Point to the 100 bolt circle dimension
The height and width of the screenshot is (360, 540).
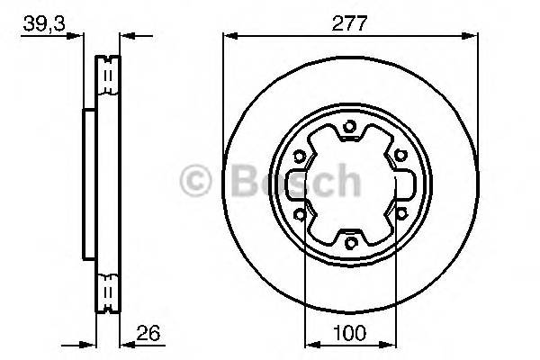coord(351,332)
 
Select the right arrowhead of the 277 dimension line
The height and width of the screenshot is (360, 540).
coord(472,36)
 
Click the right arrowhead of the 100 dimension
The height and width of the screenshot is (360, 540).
coord(390,343)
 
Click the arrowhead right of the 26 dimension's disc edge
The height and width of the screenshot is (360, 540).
coord(127,343)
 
